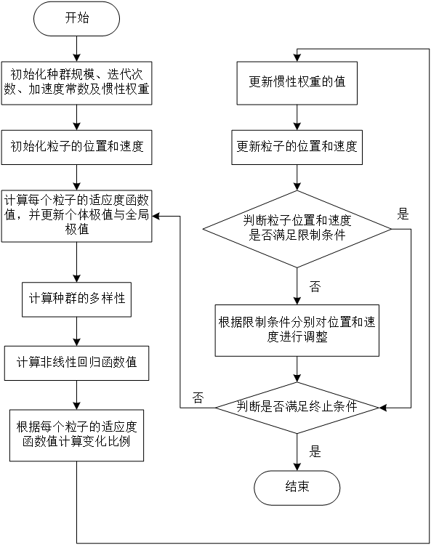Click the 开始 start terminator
[76, 19]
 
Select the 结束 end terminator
[297, 487]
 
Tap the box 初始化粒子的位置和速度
[76, 147]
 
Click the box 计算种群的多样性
[76, 299]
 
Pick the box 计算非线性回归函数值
[76, 362]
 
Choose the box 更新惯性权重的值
[297, 82]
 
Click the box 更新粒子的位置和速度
[297, 147]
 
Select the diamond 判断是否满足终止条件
[297, 407]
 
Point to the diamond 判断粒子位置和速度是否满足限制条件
[297, 228]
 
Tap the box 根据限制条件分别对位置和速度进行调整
[297, 330]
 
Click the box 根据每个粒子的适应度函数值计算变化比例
[76, 435]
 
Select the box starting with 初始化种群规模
[76, 82]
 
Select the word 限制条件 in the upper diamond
[321, 236]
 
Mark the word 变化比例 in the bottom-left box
[106, 442]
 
